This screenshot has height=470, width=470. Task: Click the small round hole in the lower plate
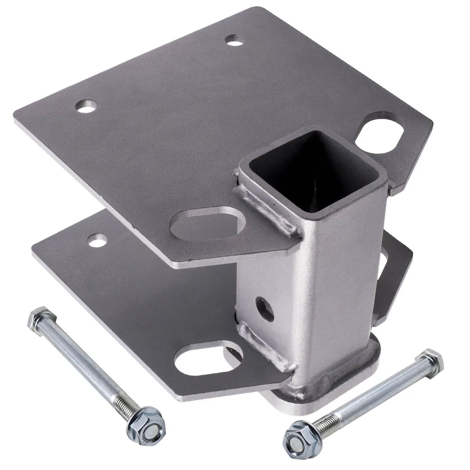click(x=97, y=241)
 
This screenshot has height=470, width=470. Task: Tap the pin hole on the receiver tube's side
click(x=265, y=309)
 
